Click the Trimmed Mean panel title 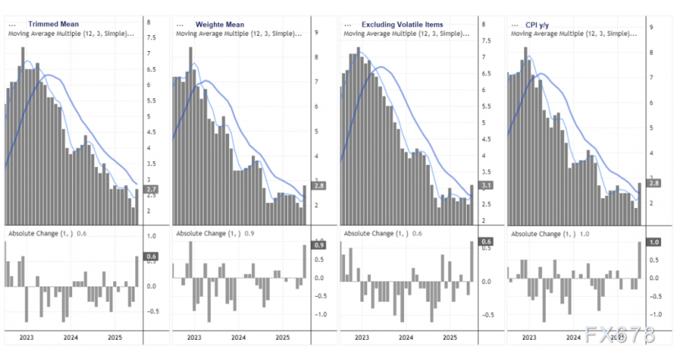click(53, 24)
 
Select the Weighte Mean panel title click(220, 24)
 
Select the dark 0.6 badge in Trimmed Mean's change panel click(152, 256)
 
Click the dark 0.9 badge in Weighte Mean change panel click(319, 245)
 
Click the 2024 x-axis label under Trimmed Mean click(71, 337)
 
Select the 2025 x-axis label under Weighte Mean click(282, 337)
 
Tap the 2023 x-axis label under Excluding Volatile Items click(362, 337)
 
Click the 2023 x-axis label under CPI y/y click(529, 337)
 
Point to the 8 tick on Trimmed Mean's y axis click(148, 22)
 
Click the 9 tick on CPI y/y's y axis click(651, 27)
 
